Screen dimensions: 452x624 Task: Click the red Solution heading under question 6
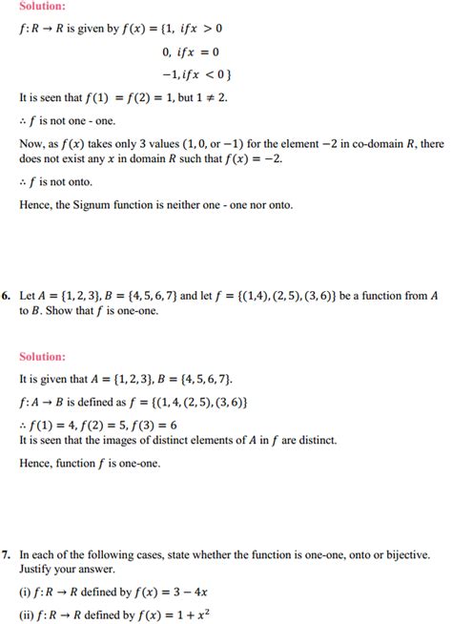(x=42, y=356)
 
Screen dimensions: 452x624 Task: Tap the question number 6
(x=6, y=297)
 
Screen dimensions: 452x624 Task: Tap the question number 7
(x=6, y=553)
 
